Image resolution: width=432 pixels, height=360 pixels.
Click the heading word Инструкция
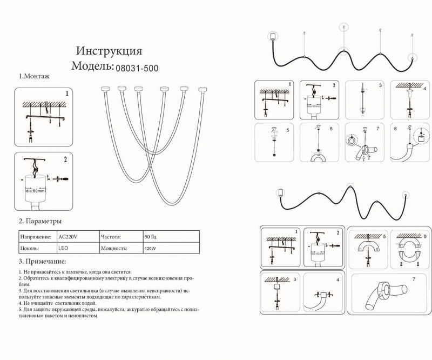[x=109, y=51]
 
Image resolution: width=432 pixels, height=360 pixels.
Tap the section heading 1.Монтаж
[x=34, y=77]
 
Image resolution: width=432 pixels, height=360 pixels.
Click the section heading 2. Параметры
[x=40, y=221]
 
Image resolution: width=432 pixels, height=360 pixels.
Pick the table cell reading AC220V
[x=67, y=237]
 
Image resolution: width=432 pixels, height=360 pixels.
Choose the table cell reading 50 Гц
[x=151, y=237]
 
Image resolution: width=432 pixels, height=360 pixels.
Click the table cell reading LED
[x=63, y=248]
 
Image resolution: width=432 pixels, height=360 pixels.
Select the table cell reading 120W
[x=151, y=249]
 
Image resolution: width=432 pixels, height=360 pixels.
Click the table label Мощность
[x=113, y=249]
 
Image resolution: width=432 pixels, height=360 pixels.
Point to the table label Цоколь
[x=30, y=248]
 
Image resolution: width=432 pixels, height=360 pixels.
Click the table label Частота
[x=112, y=237]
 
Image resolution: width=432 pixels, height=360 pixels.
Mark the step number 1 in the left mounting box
[x=66, y=94]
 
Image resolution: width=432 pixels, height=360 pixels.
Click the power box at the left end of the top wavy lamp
[x=273, y=36]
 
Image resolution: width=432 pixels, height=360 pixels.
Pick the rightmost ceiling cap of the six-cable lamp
[x=202, y=87]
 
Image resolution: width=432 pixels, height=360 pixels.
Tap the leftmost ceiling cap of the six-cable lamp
[x=105, y=87]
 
